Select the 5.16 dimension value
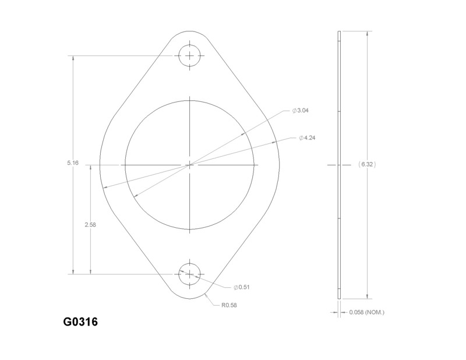73,163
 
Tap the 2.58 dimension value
90,225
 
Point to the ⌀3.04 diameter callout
301,110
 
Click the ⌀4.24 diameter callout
307,138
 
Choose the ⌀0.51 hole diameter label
242,287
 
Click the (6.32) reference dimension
366,165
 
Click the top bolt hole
190,56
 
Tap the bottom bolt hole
190,274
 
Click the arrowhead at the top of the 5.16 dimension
73,59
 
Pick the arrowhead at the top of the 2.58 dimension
90,168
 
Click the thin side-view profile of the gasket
339,165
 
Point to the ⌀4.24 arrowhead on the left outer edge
103,188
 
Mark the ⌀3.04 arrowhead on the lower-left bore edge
135,195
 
